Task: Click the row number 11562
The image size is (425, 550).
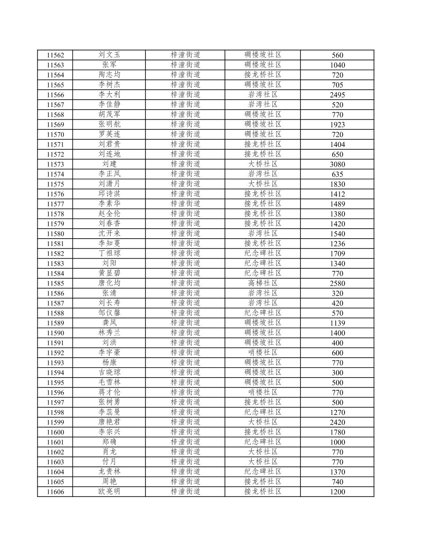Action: click(x=55, y=55)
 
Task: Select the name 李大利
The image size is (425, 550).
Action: click(x=109, y=95)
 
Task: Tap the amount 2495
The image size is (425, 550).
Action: click(x=337, y=95)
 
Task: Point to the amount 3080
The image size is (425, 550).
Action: click(x=337, y=164)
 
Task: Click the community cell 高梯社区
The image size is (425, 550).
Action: click(x=263, y=283)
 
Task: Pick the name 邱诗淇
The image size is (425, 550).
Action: click(x=109, y=194)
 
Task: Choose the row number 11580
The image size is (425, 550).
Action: click(x=55, y=234)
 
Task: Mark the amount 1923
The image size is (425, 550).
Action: click(x=337, y=125)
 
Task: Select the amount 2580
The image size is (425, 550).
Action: click(x=337, y=283)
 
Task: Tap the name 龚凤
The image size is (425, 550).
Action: click(x=109, y=323)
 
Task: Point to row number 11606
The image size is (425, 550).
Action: click(x=55, y=492)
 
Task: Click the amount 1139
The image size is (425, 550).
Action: click(x=337, y=323)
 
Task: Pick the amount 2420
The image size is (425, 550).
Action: click(x=337, y=422)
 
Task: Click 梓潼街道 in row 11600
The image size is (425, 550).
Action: click(x=185, y=432)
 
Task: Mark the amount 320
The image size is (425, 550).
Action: click(x=337, y=293)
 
